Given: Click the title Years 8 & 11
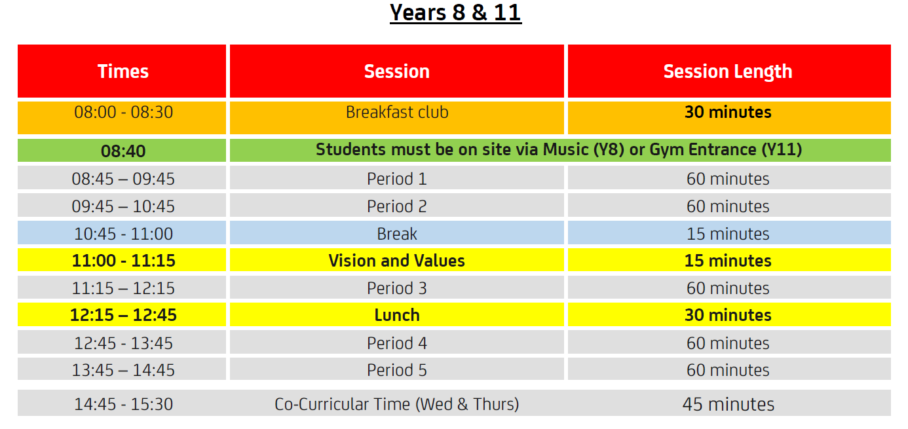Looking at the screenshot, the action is coord(455,13).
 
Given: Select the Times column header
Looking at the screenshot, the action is coord(123,71).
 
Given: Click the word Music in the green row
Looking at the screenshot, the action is coord(565,149).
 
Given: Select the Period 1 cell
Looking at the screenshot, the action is coord(397,179).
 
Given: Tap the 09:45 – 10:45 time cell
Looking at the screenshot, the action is coord(123,206).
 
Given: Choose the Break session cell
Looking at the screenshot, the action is coord(397,234).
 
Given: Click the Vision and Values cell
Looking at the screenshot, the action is coord(396,261).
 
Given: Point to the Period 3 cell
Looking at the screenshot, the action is coord(397,288).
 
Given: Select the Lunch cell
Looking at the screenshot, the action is coord(397,315).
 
